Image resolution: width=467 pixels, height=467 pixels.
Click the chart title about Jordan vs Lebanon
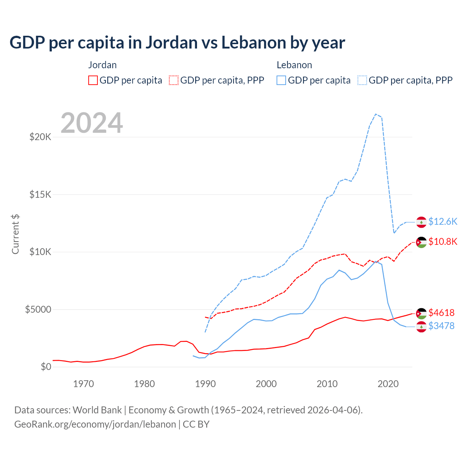tap(177, 43)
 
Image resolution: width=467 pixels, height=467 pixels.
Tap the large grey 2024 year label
tap(92, 123)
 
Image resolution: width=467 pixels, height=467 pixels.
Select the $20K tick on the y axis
tap(40, 137)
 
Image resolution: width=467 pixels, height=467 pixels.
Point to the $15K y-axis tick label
tap(40, 194)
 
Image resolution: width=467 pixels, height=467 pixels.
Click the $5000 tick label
tap(38, 310)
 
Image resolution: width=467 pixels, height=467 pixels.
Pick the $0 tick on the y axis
tap(46, 367)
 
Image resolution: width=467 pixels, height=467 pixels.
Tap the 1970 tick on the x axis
tap(84, 384)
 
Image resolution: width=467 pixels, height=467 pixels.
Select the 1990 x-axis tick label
tap(205, 384)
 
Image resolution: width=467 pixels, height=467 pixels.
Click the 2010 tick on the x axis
tap(327, 384)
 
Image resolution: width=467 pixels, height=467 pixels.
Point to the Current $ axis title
tap(15, 234)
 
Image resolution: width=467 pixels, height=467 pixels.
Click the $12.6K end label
tap(443, 222)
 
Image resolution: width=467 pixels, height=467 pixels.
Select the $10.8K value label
tap(443, 242)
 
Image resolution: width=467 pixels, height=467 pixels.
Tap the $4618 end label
tap(441, 313)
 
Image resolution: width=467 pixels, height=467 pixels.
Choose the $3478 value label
tap(441, 326)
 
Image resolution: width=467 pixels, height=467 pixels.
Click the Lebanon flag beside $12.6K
tap(421, 222)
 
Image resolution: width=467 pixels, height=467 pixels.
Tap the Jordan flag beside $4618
tap(421, 313)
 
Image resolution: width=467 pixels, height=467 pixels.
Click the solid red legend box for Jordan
tap(93, 80)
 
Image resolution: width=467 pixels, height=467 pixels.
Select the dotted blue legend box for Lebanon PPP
tap(362, 80)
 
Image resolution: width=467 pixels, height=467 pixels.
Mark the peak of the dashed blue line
tap(376, 114)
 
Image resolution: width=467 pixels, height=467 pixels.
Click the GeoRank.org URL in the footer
tap(95, 424)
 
